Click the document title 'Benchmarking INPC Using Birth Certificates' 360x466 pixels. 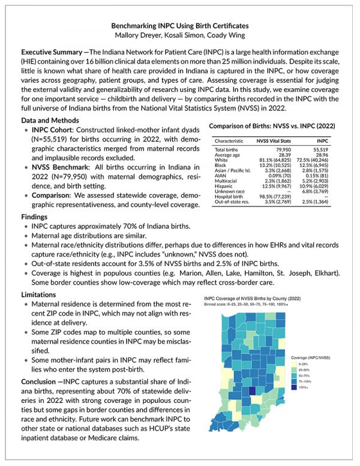click(179, 26)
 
